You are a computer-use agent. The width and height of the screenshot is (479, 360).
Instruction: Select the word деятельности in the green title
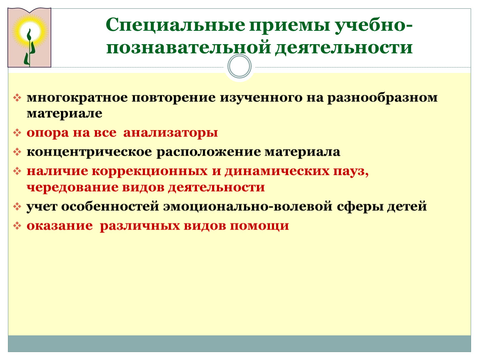coord(344,47)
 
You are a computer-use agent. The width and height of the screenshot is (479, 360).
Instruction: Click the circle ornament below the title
coord(239,66)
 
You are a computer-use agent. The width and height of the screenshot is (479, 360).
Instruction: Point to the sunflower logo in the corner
coord(29,37)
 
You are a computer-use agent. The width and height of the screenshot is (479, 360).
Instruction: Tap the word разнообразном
coord(382,97)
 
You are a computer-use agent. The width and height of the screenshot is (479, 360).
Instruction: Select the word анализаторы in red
coord(170,133)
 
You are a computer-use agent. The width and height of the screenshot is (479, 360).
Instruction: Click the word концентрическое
coord(89,152)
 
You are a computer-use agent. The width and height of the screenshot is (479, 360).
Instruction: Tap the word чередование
coord(72,187)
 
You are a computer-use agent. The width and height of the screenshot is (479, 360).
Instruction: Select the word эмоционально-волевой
coord(248,206)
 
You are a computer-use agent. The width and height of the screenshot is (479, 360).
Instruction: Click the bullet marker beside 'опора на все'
coord(17,133)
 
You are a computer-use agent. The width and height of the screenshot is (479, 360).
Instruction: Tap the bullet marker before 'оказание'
coord(17,226)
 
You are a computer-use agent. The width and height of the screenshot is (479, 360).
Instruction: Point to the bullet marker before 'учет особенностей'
coord(17,207)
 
